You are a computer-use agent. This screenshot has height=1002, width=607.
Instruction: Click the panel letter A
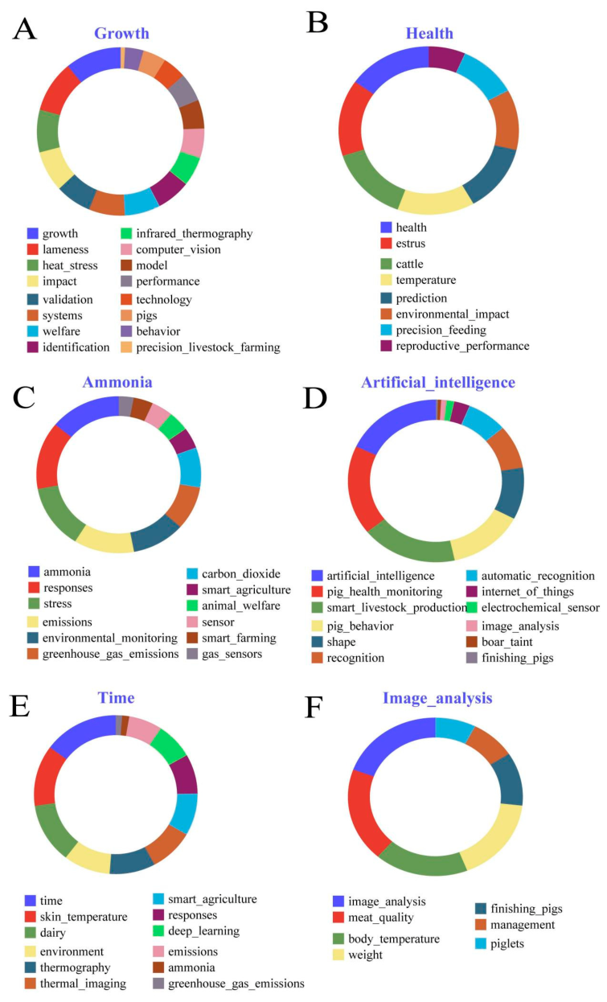(x=25, y=30)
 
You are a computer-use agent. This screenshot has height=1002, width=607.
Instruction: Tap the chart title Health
(x=429, y=33)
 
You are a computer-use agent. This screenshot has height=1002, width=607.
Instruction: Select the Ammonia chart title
(x=117, y=382)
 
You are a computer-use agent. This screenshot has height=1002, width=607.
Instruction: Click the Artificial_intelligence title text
(x=438, y=383)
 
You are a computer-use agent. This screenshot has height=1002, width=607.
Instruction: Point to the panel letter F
(x=314, y=707)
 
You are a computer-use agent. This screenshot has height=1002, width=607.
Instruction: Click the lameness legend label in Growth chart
(x=65, y=249)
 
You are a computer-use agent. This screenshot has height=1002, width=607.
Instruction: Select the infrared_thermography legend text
(x=194, y=233)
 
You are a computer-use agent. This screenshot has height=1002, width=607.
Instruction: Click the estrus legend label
(x=410, y=244)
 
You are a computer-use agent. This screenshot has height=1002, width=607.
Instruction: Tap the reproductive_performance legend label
(x=462, y=346)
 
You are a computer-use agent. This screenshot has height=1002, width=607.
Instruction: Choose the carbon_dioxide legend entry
(x=240, y=574)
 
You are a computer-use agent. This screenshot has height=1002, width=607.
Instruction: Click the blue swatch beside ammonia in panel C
(x=34, y=572)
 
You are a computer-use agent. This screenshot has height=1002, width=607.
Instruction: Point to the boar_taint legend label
(x=507, y=642)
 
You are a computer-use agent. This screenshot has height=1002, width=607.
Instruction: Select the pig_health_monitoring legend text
(x=384, y=592)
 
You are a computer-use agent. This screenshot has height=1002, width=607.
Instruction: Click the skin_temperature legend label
(x=83, y=917)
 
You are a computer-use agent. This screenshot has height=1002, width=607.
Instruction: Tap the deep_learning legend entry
(x=203, y=931)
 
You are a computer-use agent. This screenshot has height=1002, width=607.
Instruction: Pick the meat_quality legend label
(x=380, y=918)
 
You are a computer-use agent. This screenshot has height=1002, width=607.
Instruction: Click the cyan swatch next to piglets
(x=481, y=944)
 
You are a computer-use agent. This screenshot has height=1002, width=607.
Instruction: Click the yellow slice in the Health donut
(x=434, y=199)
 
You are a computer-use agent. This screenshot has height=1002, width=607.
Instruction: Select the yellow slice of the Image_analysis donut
(x=494, y=836)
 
